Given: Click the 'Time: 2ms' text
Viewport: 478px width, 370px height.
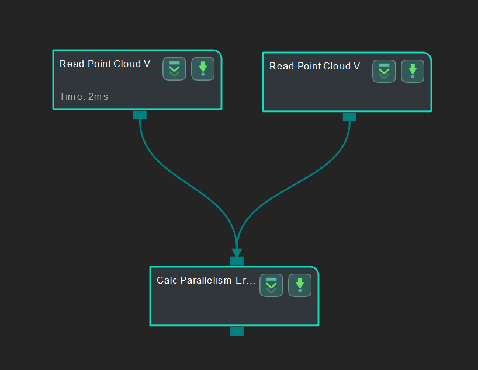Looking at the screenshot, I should [84, 96].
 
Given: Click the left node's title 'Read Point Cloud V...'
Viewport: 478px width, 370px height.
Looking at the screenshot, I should [109, 64].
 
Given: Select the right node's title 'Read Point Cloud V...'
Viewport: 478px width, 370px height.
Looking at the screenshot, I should [318, 67].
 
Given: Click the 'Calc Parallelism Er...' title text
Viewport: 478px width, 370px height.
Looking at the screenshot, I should [206, 281].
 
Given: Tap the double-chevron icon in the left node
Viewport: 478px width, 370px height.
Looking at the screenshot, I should [174, 69].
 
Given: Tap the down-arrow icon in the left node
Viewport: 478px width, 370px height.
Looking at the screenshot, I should [203, 69].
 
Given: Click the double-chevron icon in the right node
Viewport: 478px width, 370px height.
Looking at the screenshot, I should [384, 71].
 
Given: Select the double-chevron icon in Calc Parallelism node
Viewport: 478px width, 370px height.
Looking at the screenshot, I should [271, 285].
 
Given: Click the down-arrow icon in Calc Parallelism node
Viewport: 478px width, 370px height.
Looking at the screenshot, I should [300, 285].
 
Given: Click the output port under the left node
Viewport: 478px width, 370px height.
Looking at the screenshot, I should [140, 114].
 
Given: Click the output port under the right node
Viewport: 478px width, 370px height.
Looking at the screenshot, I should [349, 117].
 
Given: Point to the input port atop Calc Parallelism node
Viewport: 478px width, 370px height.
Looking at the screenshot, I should [237, 261].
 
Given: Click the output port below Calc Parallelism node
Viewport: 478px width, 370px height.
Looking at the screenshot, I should [237, 331].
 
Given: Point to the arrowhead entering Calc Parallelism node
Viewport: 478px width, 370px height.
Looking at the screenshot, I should [237, 253].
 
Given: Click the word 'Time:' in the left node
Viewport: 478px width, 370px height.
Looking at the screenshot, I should [72, 96].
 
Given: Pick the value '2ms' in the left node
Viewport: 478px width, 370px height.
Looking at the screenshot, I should [98, 96].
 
